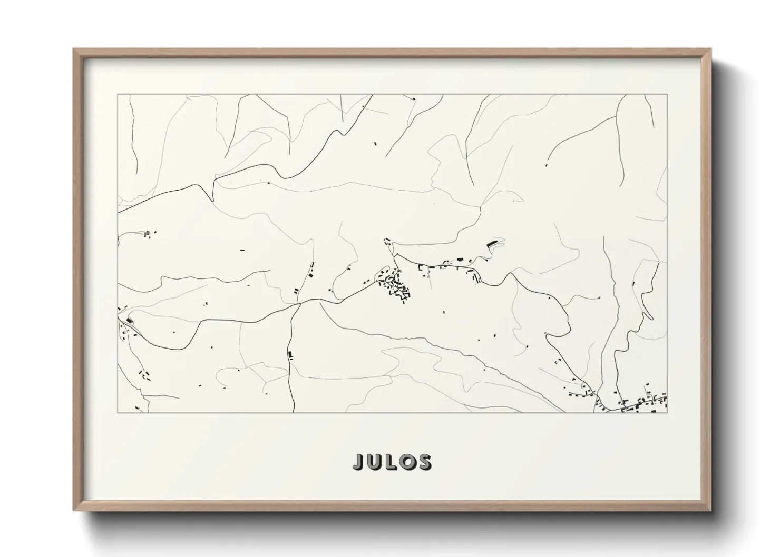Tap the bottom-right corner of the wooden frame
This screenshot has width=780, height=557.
[x=710, y=510]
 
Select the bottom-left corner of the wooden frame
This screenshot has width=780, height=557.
[x=74, y=510]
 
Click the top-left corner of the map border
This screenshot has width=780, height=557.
[x=118, y=95]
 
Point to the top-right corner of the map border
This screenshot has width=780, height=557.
[x=667, y=95]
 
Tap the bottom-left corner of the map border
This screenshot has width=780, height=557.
[x=118, y=412]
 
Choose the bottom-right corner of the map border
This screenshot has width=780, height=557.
[x=667, y=412]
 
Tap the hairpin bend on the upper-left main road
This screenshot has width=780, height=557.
[x=212, y=197]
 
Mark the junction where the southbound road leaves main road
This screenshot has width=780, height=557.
[x=299, y=303]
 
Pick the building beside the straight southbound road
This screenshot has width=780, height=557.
[x=290, y=355]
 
